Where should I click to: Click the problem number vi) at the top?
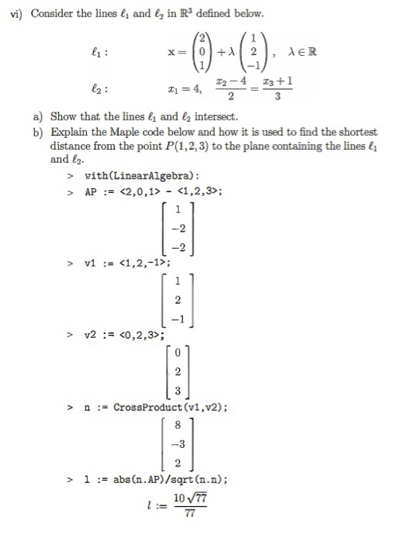(14, 14)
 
